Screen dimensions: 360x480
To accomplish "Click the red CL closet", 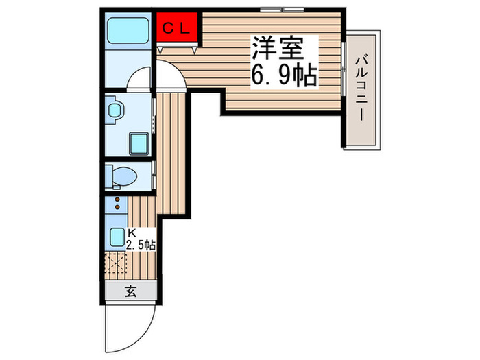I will tap(177, 29).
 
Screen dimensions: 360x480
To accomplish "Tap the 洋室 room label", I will tap(276, 48).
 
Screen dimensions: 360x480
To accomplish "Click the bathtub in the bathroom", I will tap(128, 32).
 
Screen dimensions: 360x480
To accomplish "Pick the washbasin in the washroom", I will tap(115, 110).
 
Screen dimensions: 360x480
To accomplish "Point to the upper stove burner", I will tap(117, 200).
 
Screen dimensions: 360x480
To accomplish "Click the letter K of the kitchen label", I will tap(130, 233).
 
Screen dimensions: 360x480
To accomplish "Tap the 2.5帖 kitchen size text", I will tap(140, 244).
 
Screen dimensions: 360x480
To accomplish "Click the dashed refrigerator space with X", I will tap(115, 265).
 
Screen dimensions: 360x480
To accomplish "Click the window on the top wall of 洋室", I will tap(281, 10).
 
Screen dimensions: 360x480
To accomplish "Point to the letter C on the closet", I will tap(168, 29).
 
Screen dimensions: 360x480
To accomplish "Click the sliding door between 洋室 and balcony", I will tap(342, 65).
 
